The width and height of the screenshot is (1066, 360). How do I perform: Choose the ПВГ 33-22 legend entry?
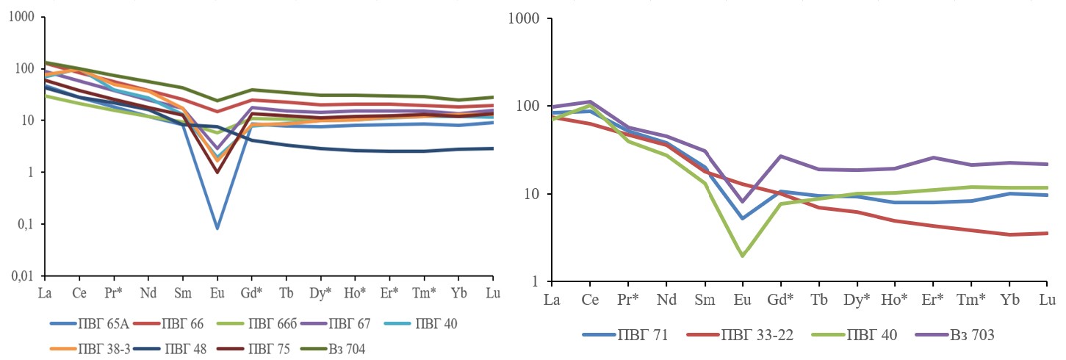[744, 335]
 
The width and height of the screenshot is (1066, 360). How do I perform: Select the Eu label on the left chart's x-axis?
[217, 292]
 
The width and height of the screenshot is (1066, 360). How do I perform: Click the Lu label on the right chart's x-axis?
[1047, 300]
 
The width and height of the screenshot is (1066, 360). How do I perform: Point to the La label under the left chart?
[45, 292]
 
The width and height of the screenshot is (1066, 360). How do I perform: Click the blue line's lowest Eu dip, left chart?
[217, 228]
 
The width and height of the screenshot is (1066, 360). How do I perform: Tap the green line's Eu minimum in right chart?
[743, 256]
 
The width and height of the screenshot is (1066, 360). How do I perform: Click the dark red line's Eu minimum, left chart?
[217, 173]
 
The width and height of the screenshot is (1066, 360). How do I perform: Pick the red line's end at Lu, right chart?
[1047, 233]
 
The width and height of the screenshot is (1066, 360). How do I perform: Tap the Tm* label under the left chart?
[424, 292]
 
